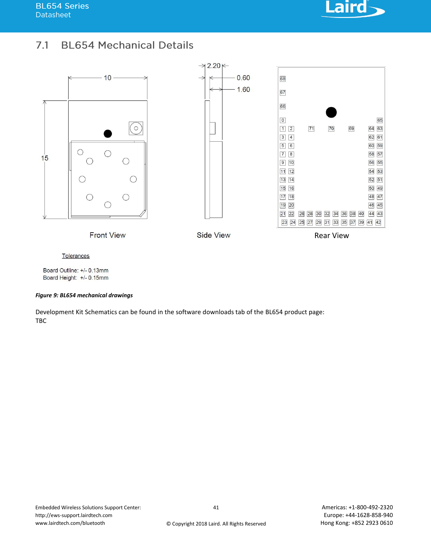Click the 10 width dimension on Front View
click(107, 78)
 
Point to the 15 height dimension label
click(45, 158)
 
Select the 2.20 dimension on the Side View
click(214, 66)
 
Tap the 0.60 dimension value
click(243, 78)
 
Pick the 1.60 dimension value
click(243, 90)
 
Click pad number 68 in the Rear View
click(283, 79)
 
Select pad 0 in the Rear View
click(283, 120)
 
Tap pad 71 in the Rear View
click(311, 129)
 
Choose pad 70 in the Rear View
click(331, 129)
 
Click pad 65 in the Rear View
click(380, 120)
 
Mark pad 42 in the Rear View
click(378, 223)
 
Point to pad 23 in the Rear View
click(284, 223)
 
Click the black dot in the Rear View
click(331, 112)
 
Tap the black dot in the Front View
click(108, 134)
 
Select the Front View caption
click(107, 235)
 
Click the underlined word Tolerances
click(76, 256)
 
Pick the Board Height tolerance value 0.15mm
click(98, 278)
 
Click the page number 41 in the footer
click(216, 507)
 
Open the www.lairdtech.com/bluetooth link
click(70, 523)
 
